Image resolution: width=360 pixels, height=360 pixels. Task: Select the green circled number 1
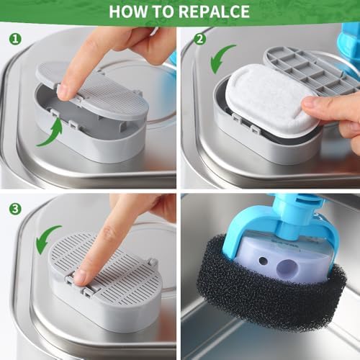tap(15, 39)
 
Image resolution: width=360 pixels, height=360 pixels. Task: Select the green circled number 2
tap(199, 39)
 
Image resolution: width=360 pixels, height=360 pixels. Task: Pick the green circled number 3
tap(15, 209)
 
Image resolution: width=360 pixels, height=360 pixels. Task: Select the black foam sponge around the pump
tap(271, 288)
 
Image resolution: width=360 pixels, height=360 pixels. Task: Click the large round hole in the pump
tap(287, 269)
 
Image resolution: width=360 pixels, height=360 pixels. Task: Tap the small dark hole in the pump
tap(263, 261)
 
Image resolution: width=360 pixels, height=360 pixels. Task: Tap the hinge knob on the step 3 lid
tap(152, 262)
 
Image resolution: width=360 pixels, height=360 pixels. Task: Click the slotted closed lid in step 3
tap(106, 265)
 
